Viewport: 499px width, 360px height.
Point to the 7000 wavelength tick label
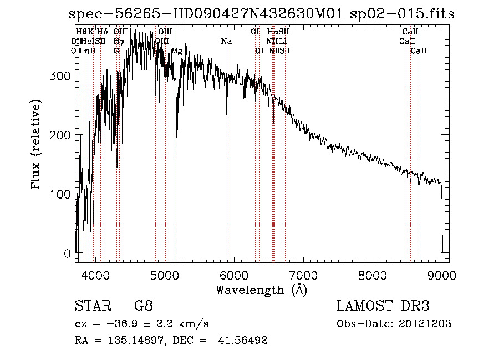303,275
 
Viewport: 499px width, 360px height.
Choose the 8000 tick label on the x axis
373,275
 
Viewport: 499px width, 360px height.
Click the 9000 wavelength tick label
442,275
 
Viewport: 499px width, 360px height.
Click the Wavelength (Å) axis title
261,290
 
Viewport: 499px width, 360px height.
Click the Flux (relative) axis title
37,145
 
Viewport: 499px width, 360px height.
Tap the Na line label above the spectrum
226,42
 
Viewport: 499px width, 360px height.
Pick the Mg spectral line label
176,51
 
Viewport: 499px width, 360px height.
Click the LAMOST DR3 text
383,306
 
